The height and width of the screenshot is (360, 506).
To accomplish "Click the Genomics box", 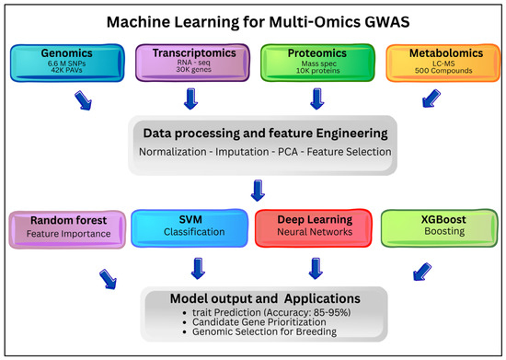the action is click(x=67, y=63).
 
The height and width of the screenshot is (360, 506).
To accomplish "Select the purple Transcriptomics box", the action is click(x=192, y=63).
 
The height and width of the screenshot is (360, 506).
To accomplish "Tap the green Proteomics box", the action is click(x=318, y=63).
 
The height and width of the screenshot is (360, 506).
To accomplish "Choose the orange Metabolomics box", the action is click(x=443, y=63).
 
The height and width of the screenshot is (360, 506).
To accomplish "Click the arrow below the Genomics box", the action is click(x=83, y=100).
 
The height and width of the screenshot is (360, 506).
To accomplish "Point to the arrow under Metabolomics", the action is click(x=431, y=99).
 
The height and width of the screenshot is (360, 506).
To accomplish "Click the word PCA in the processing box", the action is click(x=288, y=152).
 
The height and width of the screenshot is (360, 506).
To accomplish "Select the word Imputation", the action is click(x=242, y=152).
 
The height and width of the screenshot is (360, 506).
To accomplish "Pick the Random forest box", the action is click(x=67, y=229).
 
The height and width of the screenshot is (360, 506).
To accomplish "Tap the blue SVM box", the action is click(x=190, y=228).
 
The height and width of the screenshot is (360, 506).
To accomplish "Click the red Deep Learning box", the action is click(x=314, y=228).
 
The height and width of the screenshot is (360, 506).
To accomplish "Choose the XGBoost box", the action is click(x=440, y=228).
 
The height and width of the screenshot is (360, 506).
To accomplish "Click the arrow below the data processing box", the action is click(x=258, y=191).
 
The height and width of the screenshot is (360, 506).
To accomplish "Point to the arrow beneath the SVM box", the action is click(x=198, y=268).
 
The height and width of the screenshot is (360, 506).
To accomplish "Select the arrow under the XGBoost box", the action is click(x=422, y=272).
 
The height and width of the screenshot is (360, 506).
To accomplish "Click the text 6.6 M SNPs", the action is click(x=67, y=64).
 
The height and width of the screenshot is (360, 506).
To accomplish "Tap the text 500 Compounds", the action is click(x=443, y=70).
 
